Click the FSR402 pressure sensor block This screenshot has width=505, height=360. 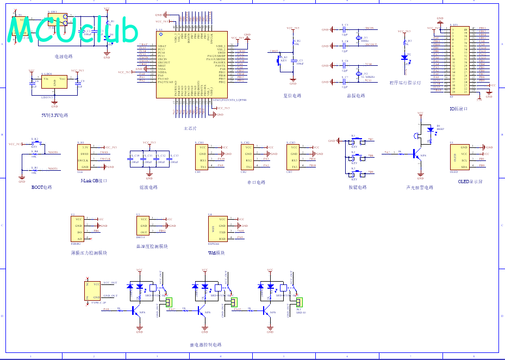coord(79,229)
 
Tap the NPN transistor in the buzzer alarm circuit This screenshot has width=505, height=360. coord(417,154)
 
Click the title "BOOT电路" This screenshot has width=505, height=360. coord(41,187)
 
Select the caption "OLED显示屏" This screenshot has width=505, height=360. coord(470,182)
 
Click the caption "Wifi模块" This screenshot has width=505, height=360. coord(216,253)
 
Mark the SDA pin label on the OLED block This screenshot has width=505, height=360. coord(464,166)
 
